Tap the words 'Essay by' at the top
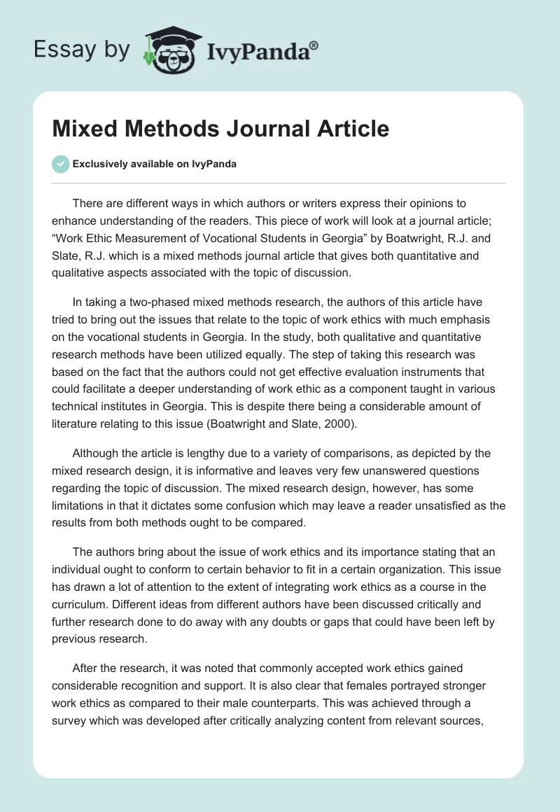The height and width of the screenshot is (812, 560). [81, 50]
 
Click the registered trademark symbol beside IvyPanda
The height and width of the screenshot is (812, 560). [314, 45]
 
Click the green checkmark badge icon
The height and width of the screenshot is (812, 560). [61, 164]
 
